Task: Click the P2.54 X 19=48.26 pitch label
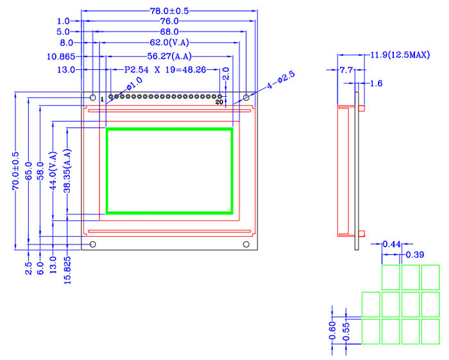click(165, 69)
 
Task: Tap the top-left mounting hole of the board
click(92, 98)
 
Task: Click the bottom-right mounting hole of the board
click(246, 244)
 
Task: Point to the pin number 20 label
click(219, 102)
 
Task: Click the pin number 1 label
click(101, 99)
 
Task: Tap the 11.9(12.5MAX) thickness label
click(400, 56)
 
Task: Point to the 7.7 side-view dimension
click(346, 69)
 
